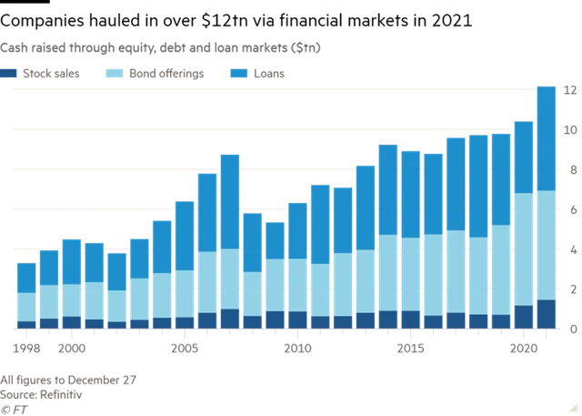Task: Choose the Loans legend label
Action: [x=270, y=73]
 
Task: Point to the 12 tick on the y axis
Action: [x=570, y=90]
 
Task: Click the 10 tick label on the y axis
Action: [x=570, y=130]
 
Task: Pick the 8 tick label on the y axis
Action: [x=570, y=170]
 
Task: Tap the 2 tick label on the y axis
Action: [x=570, y=289]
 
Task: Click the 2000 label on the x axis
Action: [x=72, y=348]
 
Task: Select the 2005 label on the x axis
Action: [x=185, y=348]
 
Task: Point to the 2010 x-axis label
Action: [x=297, y=348]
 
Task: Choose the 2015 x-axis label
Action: [x=410, y=348]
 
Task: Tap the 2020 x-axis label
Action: [x=523, y=348]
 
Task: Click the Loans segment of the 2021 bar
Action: [x=546, y=137]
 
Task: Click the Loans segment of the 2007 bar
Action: [x=230, y=200]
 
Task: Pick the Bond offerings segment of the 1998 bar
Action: [x=27, y=307]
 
